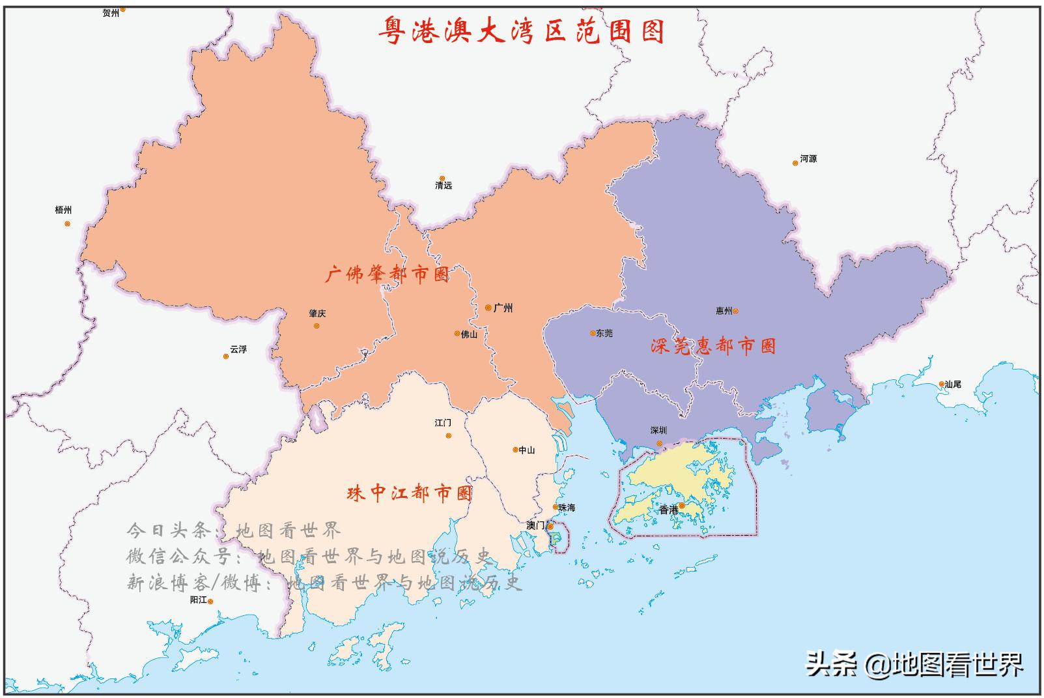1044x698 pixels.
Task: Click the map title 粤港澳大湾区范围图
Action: coord(522,31)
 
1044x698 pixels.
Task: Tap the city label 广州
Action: coord(503,308)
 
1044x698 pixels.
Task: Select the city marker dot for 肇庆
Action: coord(317,326)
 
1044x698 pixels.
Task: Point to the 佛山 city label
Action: coord(469,334)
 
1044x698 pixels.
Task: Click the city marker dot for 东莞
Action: coord(593,333)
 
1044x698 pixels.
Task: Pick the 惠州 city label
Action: coord(724,311)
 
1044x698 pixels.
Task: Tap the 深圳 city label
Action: coord(658,430)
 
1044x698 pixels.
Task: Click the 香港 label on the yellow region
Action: coord(668,510)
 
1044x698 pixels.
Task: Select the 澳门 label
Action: coord(535,525)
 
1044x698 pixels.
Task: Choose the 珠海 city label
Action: coord(567,507)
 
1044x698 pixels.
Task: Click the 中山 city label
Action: coord(526,450)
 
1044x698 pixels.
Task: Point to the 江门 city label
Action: coord(443,423)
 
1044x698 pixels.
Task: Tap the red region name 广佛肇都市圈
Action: coord(387,274)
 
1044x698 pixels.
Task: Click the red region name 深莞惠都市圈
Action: coord(713,345)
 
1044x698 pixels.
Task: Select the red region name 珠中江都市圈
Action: coord(410,493)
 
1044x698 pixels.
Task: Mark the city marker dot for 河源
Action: coord(795,163)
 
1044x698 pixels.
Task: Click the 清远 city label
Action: coord(444,186)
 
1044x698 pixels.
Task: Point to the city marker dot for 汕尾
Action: coord(942,385)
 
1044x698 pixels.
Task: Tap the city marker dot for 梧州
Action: coord(67,224)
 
